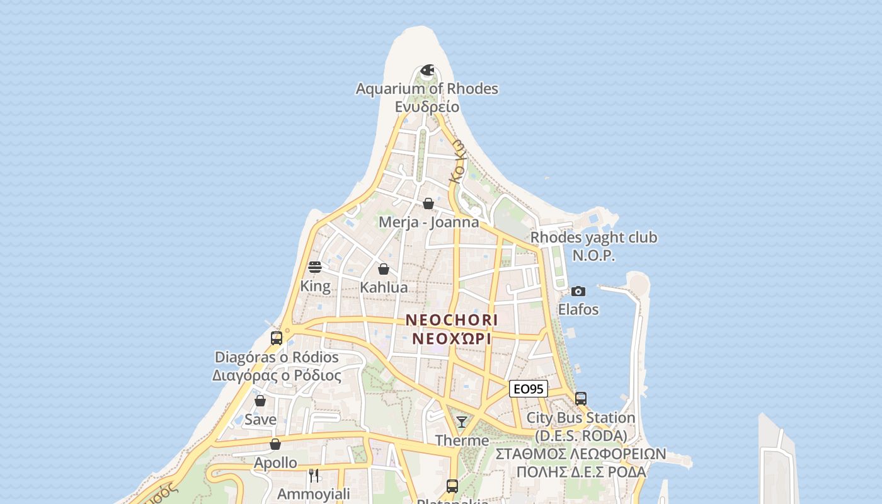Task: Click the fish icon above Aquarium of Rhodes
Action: pos(427,70)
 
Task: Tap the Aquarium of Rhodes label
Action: pos(427,89)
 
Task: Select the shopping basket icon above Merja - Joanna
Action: pos(428,203)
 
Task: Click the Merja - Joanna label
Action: pos(428,222)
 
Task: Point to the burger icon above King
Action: pos(315,267)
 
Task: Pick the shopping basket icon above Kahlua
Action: pos(384,269)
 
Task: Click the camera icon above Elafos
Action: pos(578,291)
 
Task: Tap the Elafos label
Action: pos(578,309)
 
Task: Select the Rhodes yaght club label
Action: pos(593,238)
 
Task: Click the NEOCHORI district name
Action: pos(452,320)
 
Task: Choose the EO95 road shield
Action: pos(528,389)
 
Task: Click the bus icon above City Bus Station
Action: pos(581,399)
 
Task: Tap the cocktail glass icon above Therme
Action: pos(462,422)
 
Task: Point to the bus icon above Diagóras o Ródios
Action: pos(277,338)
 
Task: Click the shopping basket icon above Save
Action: pos(260,401)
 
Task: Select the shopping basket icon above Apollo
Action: pos(275,444)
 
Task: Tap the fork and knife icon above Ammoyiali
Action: pos(314,475)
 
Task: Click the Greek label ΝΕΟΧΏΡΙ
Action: pos(452,338)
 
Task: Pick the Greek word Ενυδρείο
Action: pos(427,106)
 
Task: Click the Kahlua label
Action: pos(384,287)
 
